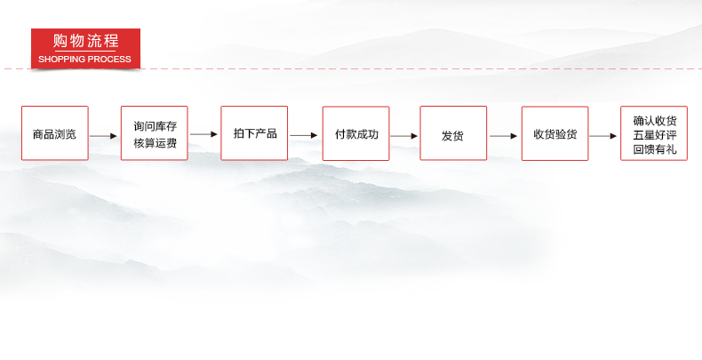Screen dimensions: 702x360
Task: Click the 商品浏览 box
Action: (x=54, y=133)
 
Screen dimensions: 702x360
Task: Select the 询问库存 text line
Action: (x=155, y=126)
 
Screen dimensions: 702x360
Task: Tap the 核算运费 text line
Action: (x=155, y=143)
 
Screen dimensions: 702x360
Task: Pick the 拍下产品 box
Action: (x=254, y=133)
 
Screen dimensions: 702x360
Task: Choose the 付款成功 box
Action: (x=356, y=133)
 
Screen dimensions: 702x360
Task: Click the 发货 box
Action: (x=453, y=133)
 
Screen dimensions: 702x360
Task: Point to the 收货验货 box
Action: (x=554, y=133)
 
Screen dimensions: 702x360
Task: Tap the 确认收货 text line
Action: (x=655, y=121)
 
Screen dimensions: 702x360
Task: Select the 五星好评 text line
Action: (x=655, y=135)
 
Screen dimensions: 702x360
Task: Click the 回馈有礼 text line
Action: (x=655, y=149)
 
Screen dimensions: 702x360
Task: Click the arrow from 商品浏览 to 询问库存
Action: (x=103, y=136)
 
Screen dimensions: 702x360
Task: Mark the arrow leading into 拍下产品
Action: (x=203, y=134)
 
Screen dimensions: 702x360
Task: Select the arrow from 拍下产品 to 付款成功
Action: (x=304, y=135)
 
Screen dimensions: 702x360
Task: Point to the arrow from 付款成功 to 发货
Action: (x=403, y=136)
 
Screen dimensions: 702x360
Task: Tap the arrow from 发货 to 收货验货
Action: (x=503, y=136)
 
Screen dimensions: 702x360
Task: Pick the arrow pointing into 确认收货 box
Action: (x=603, y=136)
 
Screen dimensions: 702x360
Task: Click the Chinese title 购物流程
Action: (x=85, y=41)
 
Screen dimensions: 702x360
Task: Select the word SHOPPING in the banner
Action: (x=62, y=59)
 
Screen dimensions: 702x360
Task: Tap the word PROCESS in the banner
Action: (x=109, y=59)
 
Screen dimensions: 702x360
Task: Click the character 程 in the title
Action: (x=111, y=41)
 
